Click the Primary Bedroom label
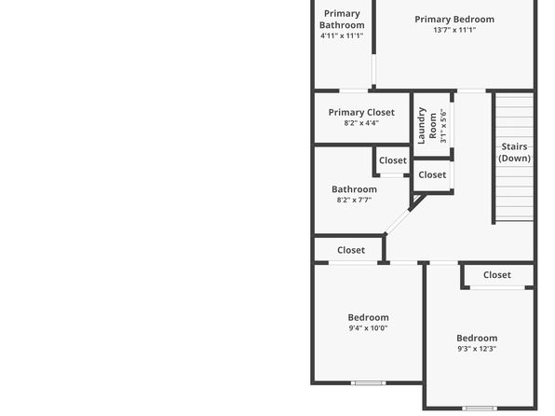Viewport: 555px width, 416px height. pyautogui.click(x=454, y=20)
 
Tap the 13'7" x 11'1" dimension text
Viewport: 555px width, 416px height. pyautogui.click(x=454, y=30)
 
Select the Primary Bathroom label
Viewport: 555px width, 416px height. pyautogui.click(x=342, y=20)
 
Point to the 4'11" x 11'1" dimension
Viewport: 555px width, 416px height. pyautogui.click(x=342, y=35)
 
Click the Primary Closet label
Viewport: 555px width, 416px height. pyautogui.click(x=361, y=113)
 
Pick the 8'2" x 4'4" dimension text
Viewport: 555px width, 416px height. pyautogui.click(x=361, y=123)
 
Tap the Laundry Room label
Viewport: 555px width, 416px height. pyautogui.click(x=426, y=126)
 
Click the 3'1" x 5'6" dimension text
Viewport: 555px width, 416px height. pyautogui.click(x=443, y=126)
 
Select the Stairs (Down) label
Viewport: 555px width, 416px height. pyautogui.click(x=514, y=152)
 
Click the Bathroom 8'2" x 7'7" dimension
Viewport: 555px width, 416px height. pyautogui.click(x=354, y=200)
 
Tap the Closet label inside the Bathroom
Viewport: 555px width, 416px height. pyautogui.click(x=393, y=160)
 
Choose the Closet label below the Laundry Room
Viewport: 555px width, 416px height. pyautogui.click(x=432, y=174)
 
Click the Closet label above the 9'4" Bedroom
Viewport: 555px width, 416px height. pyautogui.click(x=351, y=250)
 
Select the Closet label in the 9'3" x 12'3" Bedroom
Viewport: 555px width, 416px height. pyautogui.click(x=497, y=275)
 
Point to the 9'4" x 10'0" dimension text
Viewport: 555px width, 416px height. pyautogui.click(x=368, y=328)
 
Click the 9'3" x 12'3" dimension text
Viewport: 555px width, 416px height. pyautogui.click(x=477, y=349)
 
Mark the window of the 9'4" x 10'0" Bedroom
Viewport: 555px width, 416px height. pyautogui.click(x=368, y=383)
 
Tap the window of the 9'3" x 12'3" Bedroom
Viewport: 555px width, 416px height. pyautogui.click(x=480, y=409)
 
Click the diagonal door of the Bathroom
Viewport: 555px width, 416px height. pyautogui.click(x=397, y=222)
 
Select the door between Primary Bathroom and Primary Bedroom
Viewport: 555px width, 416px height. pyautogui.click(x=373, y=70)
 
